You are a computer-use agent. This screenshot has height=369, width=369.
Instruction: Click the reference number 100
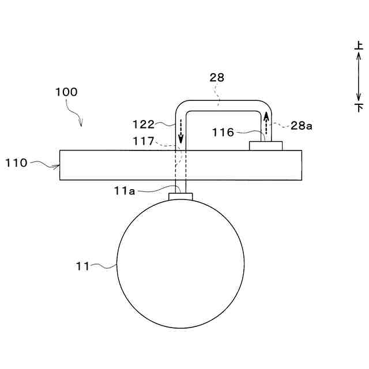(x=66, y=92)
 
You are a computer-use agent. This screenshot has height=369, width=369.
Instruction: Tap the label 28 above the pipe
(x=217, y=78)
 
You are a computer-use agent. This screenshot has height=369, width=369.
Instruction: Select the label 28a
(x=301, y=126)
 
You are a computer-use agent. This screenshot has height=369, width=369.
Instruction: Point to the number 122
(x=144, y=125)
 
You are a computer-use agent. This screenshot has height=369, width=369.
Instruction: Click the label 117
(x=144, y=141)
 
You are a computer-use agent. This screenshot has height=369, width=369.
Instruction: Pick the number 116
(x=223, y=132)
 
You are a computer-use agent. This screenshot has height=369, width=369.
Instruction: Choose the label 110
(x=16, y=163)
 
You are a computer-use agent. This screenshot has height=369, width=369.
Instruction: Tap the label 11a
(x=125, y=191)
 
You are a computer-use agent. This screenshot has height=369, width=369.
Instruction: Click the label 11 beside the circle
(x=82, y=266)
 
